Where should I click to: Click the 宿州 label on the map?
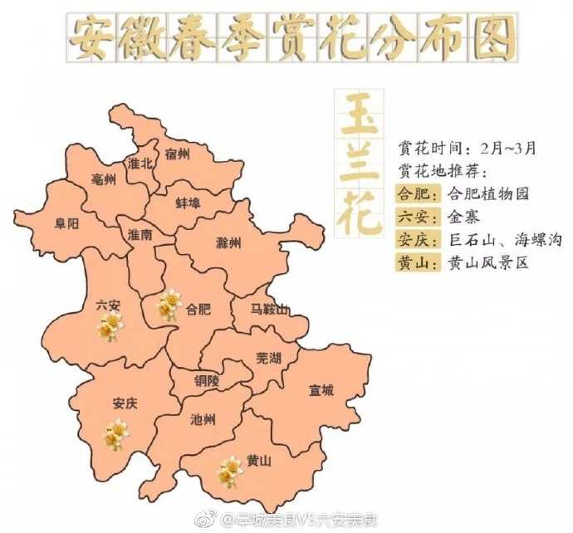177,154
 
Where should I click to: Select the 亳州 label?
104,180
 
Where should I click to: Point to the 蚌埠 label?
188,203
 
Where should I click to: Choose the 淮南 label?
140,235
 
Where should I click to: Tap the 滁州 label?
228,243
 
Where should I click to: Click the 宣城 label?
321,389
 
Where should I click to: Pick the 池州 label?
203,420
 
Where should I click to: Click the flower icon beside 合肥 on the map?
169,305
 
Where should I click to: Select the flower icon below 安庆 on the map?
115,434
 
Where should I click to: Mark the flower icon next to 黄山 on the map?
229,471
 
